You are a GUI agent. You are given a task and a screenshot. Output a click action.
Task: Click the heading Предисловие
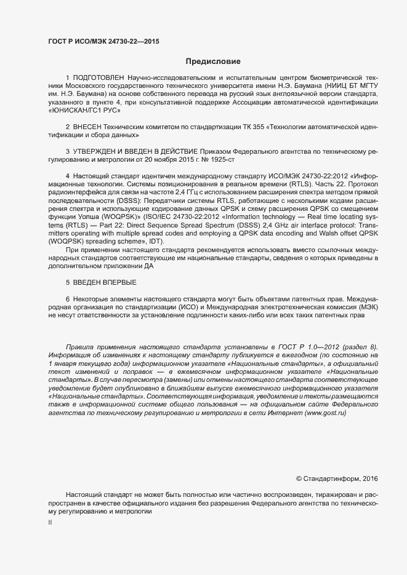(213, 61)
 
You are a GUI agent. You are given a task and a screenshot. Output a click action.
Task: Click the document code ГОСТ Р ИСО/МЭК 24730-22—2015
(103, 41)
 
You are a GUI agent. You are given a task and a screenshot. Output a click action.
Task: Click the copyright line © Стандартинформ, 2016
(337, 478)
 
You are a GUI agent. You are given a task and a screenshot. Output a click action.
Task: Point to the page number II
(50, 522)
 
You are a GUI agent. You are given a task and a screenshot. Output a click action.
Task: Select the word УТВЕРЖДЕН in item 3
(96, 151)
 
